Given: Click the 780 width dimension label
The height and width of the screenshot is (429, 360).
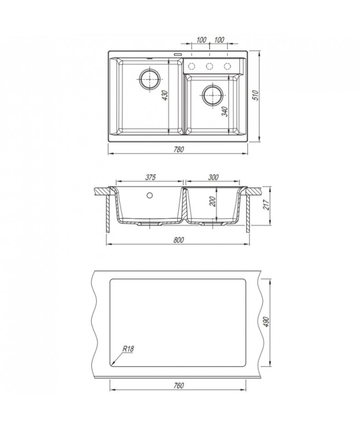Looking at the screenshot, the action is pos(178,150).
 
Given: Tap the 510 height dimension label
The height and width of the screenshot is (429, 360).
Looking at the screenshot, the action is pos(256,95).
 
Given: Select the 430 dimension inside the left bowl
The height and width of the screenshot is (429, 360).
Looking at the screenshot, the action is pos(165,95).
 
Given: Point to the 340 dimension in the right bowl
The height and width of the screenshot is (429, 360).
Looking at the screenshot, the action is pos(225,111).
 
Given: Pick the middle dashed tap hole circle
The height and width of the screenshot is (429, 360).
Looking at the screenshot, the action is pos(210,66).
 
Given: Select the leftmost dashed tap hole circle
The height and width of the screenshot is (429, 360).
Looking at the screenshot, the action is pos(191,66).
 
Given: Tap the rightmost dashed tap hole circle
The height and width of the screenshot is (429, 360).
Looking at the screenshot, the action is pos(227,66).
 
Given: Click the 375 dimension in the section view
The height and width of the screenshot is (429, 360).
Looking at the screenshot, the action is pos(150,177).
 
